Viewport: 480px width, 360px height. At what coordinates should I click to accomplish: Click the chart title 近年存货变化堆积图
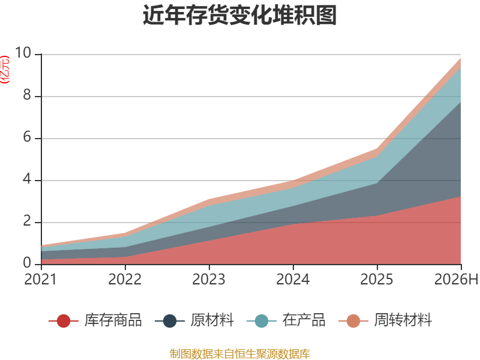(x=239, y=15)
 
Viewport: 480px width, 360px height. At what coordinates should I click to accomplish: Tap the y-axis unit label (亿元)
(x=5, y=70)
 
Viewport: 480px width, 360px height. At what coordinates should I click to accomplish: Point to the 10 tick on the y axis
(x=23, y=53)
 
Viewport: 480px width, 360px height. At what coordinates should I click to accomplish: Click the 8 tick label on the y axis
(x=27, y=95)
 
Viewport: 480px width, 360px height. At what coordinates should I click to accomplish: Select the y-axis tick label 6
(x=27, y=137)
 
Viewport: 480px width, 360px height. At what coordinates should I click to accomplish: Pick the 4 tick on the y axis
(x=27, y=179)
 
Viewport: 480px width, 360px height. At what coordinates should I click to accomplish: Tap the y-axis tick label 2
(x=27, y=221)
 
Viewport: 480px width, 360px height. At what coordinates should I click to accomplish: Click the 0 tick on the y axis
(x=27, y=263)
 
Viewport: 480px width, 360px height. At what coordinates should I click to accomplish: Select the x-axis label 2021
(x=40, y=280)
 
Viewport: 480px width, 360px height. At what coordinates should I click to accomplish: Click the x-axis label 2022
(x=125, y=280)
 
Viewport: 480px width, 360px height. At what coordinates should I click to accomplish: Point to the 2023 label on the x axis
(x=209, y=280)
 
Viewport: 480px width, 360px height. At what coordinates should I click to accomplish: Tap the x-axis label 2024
(x=293, y=280)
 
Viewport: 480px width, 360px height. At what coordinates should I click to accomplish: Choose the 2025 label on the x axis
(x=377, y=280)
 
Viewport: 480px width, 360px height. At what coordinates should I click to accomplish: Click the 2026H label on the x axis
(x=456, y=280)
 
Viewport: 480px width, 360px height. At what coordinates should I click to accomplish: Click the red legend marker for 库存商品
(x=64, y=321)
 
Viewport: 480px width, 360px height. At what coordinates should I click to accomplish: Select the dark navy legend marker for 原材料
(x=170, y=321)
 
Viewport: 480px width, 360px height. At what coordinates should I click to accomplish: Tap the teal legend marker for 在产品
(x=262, y=321)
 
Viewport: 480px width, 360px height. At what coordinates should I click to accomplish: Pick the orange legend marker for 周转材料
(x=353, y=321)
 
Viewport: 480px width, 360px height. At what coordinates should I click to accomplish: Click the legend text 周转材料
(x=403, y=320)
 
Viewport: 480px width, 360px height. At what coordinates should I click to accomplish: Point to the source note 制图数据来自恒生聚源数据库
(x=240, y=354)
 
